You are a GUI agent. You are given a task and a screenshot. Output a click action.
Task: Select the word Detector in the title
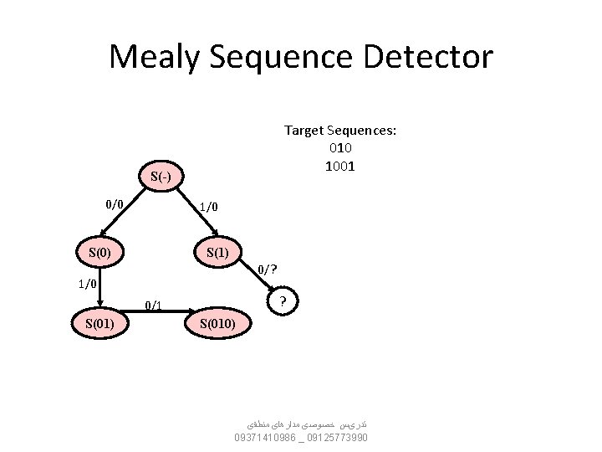[x=437, y=57]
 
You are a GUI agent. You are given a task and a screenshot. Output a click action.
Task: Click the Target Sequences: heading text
[x=340, y=131]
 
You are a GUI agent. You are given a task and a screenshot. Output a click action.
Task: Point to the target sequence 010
[x=340, y=148]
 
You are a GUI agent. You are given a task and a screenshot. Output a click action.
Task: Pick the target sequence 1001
[x=340, y=166]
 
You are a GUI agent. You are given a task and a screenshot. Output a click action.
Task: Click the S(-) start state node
[x=161, y=176]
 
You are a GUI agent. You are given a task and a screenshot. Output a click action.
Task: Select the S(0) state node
[x=99, y=251]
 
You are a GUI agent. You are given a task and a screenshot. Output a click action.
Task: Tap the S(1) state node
[x=217, y=251]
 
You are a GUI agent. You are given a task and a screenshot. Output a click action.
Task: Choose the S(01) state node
[x=99, y=322]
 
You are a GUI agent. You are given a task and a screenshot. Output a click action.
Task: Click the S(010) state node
[x=217, y=322]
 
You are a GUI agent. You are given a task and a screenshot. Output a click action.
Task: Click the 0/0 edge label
[x=115, y=203]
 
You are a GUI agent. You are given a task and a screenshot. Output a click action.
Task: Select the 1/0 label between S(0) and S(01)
[x=88, y=284]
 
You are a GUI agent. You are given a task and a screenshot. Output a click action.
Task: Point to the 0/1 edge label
[x=153, y=305]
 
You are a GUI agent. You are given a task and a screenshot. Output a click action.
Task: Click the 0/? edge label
[x=268, y=269]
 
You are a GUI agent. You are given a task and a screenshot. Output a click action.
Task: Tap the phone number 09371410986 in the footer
[x=266, y=438]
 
